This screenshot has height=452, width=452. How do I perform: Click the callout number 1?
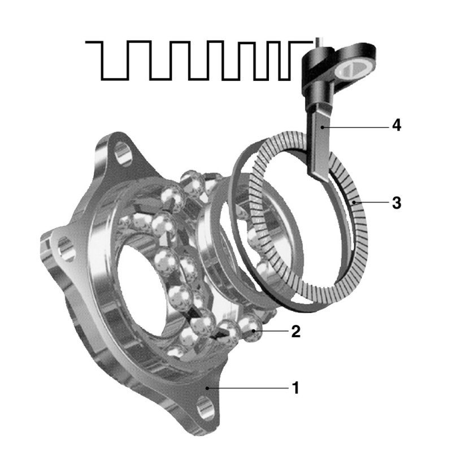[295, 388]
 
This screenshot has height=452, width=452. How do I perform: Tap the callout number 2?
[295, 331]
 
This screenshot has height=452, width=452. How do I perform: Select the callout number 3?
[397, 203]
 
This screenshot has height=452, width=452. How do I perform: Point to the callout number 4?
[397, 125]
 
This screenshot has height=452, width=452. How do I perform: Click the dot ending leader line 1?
[207, 388]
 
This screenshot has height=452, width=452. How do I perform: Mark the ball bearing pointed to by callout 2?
[250, 328]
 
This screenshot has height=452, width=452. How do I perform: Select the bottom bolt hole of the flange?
[206, 408]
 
